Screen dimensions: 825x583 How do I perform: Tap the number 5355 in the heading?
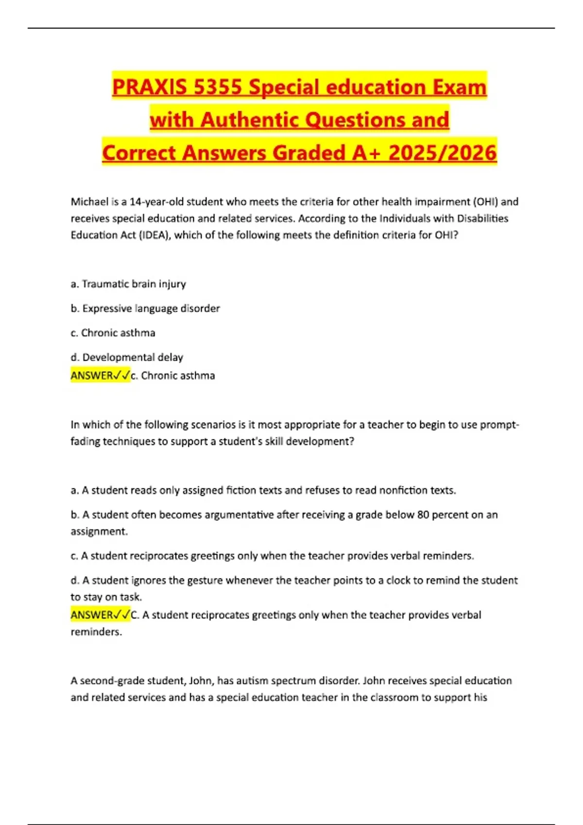[x=217, y=87]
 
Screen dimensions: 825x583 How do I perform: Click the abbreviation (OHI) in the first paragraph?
[x=485, y=201]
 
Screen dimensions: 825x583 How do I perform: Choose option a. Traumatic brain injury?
[x=128, y=284]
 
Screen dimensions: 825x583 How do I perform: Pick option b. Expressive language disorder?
[x=145, y=308]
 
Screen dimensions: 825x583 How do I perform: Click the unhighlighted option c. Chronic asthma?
[x=113, y=333]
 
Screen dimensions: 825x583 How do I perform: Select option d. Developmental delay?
[x=127, y=357]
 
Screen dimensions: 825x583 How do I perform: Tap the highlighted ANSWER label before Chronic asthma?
[x=100, y=376]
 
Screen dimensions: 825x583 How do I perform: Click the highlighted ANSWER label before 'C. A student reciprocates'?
[x=100, y=615]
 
